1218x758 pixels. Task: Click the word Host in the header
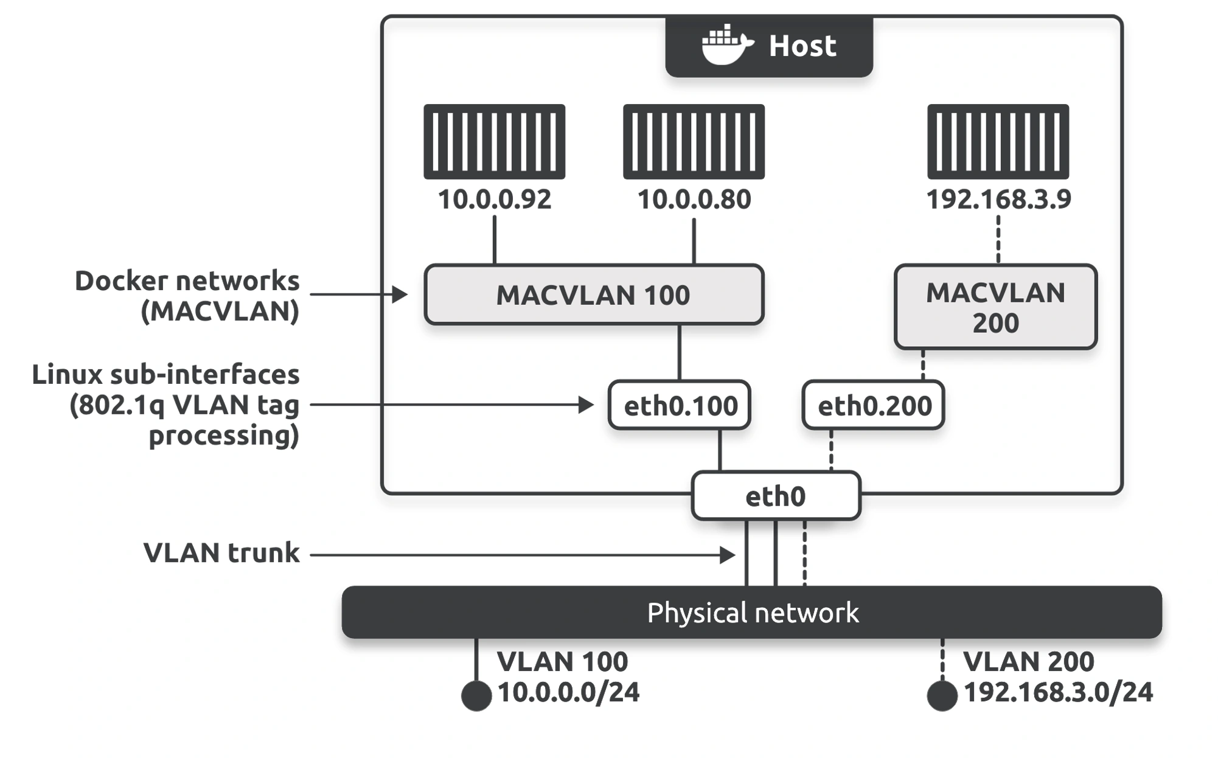click(802, 46)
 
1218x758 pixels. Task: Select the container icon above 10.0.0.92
click(495, 141)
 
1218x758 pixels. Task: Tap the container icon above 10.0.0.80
click(694, 141)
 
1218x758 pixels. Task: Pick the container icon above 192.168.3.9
click(998, 141)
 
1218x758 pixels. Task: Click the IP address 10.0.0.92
click(495, 200)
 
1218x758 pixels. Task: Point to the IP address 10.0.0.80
click(694, 200)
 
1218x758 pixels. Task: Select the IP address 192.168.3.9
click(998, 200)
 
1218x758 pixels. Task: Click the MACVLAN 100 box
click(594, 294)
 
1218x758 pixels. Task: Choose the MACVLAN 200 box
click(995, 307)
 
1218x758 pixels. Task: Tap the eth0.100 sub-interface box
click(680, 405)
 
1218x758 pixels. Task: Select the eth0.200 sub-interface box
click(874, 405)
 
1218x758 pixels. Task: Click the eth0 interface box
click(776, 496)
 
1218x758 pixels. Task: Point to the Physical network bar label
click(753, 613)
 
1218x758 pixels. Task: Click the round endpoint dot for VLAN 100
click(476, 696)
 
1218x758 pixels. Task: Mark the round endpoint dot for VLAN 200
click(942, 696)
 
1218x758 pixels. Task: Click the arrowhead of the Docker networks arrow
click(400, 294)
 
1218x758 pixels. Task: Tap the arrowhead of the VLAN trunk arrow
click(728, 555)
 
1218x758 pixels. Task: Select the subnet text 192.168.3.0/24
click(1059, 692)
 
